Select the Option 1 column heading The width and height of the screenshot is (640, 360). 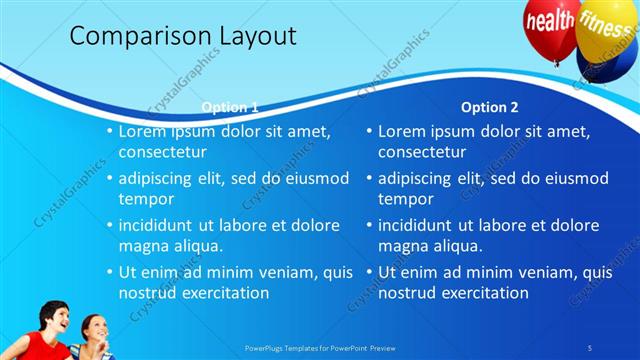coord(230,107)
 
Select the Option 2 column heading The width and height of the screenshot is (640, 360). coord(490,107)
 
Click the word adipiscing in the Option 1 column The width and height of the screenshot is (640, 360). coord(163,178)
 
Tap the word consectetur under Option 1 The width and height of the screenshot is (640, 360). coord(163,152)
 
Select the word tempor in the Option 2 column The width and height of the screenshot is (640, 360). coord(406,199)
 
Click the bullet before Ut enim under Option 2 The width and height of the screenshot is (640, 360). coord(368,272)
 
